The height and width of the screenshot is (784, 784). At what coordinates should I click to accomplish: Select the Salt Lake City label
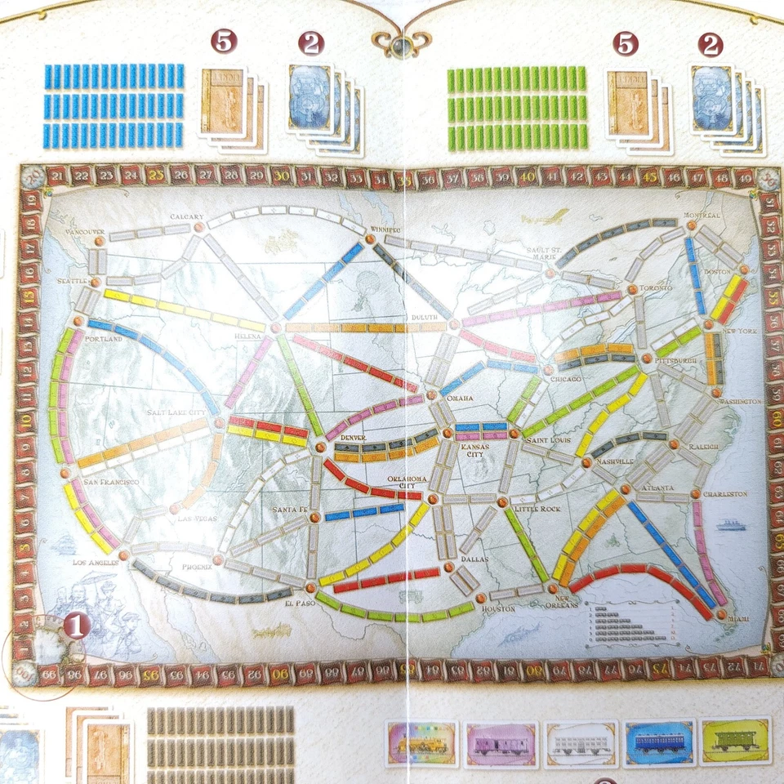tap(176, 413)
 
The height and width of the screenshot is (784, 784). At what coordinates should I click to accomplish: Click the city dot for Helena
tap(276, 327)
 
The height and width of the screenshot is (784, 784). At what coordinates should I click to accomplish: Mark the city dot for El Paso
tap(310, 587)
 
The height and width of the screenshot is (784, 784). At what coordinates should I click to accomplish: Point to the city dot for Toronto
tap(632, 289)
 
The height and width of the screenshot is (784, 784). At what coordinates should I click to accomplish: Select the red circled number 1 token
tap(77, 626)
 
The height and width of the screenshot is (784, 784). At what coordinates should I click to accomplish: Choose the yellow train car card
tap(735, 741)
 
